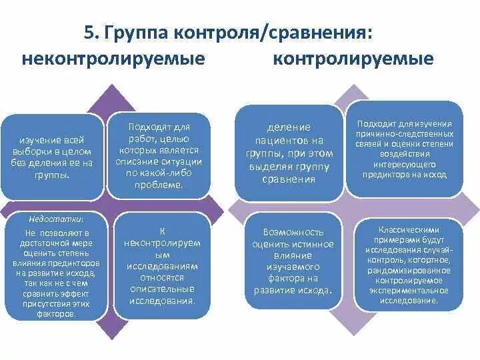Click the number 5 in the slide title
coord(89,32)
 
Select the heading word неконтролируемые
coord(113,59)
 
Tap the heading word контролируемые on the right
coord(353,59)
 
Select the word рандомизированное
coord(407,270)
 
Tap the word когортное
coord(424,260)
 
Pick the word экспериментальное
coord(407,290)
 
